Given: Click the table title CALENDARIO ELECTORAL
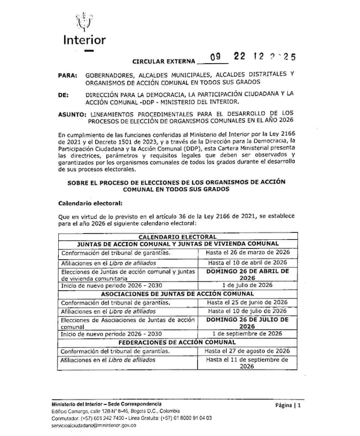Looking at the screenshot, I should click(178, 237).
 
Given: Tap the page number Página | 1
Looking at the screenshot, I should click(287, 406).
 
